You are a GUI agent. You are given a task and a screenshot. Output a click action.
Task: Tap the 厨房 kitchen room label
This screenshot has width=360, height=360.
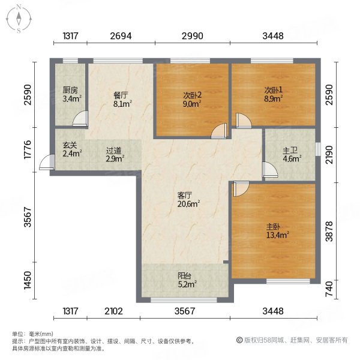[x=70, y=91]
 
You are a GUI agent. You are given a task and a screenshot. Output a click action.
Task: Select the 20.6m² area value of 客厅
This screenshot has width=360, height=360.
[x=188, y=203]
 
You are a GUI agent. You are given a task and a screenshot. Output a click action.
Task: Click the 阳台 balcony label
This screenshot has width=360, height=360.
[x=185, y=276]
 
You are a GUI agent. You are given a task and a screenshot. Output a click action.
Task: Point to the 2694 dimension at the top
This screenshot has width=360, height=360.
[x=120, y=37]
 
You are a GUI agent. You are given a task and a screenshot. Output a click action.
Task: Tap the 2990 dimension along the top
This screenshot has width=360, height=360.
[x=193, y=37]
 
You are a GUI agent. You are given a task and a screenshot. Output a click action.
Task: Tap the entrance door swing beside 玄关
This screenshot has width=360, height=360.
[x=44, y=163]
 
